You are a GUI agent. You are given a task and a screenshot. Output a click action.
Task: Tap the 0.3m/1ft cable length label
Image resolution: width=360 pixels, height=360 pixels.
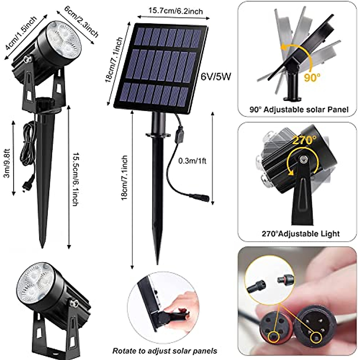[x=192, y=161]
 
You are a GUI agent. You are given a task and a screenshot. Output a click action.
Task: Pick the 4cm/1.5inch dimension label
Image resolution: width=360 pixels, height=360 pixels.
[x=21, y=33]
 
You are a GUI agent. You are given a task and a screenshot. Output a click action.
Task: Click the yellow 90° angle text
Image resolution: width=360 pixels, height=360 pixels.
[x=312, y=78]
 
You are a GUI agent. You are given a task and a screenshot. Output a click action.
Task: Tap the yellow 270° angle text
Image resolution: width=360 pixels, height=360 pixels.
[x=304, y=140]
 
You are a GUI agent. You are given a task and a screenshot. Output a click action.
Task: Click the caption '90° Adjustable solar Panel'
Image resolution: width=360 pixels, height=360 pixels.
[x=299, y=109]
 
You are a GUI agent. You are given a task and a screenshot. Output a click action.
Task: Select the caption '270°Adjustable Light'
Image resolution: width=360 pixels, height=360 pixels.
[x=301, y=234]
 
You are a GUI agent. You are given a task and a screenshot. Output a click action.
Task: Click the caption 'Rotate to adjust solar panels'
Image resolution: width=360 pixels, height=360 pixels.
[x=165, y=350]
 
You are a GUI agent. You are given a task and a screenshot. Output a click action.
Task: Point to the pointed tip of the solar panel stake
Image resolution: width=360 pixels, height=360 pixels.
[x=158, y=263]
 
